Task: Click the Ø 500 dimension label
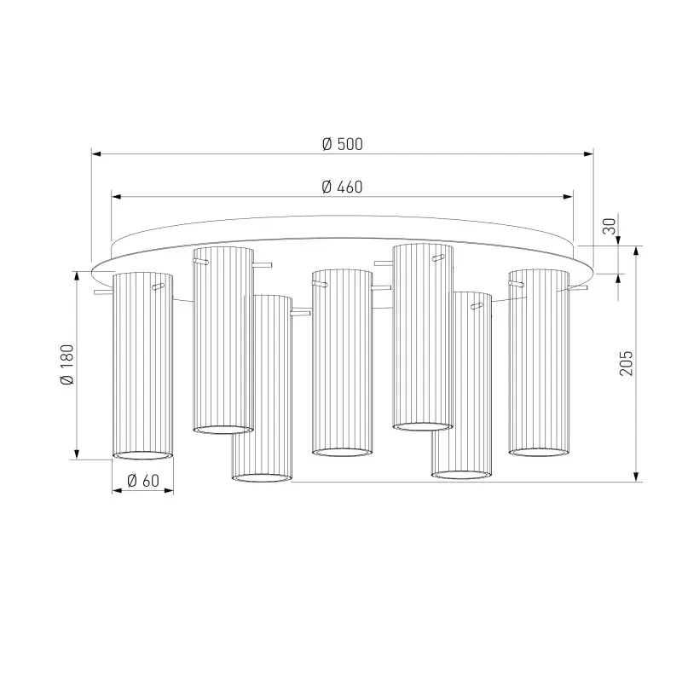click(x=343, y=144)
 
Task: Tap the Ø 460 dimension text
click(x=342, y=187)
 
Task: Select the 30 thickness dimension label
click(x=610, y=226)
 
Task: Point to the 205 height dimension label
click(x=627, y=363)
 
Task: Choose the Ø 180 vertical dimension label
click(x=67, y=365)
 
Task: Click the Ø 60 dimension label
click(x=143, y=481)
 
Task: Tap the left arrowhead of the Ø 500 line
click(x=96, y=153)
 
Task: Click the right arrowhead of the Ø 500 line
click(x=588, y=153)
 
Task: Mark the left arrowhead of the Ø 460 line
click(x=116, y=197)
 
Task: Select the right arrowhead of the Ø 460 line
click(x=568, y=197)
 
